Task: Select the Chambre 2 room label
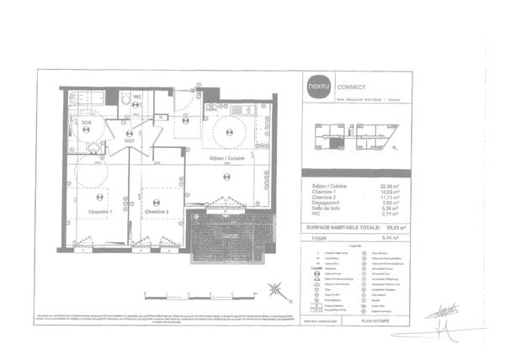pos(157,211)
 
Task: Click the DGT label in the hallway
pos(129,140)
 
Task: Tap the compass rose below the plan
pos(276,291)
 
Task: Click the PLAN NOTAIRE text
pos(378,320)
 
